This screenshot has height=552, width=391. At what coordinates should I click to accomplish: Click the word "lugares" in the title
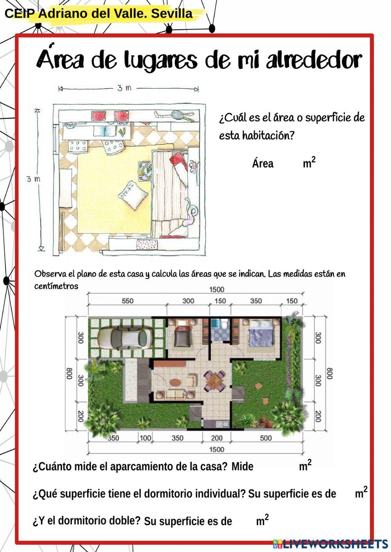161,61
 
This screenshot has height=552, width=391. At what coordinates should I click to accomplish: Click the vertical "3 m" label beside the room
33,179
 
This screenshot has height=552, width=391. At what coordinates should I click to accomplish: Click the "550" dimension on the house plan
127,301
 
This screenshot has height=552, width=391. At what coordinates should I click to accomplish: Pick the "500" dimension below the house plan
266,438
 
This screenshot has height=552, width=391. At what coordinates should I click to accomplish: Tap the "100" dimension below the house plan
145,438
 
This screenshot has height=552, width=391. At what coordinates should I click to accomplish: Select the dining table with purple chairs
215,381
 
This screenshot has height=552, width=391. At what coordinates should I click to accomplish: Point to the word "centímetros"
56,286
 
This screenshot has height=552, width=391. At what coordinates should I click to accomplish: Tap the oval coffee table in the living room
176,382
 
